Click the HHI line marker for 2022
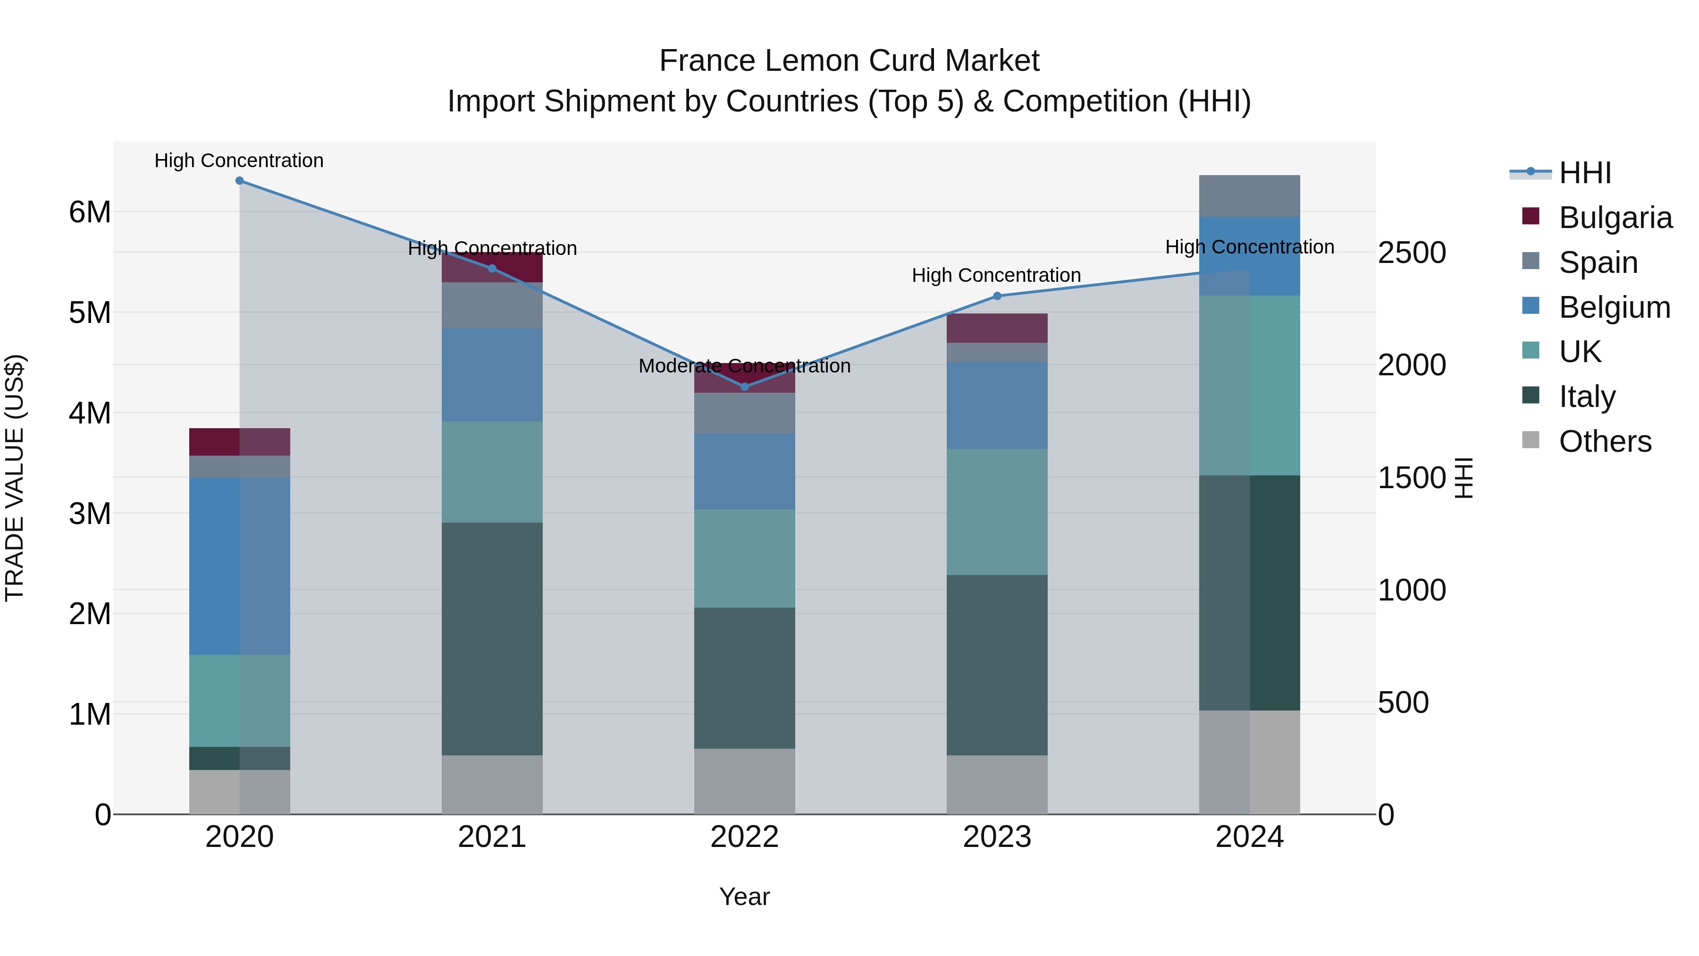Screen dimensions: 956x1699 click(x=745, y=387)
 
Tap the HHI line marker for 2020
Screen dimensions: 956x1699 click(x=239, y=181)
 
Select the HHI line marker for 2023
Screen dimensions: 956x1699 click(x=997, y=296)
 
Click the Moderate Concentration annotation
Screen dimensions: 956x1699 click(x=745, y=366)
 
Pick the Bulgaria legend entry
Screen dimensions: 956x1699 click(x=1615, y=218)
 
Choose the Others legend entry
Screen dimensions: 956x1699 click(x=1604, y=441)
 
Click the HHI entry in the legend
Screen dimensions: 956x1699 click(x=1584, y=173)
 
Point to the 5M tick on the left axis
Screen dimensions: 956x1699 click(x=90, y=313)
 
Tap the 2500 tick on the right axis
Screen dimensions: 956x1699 click(x=1412, y=253)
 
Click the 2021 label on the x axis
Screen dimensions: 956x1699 click(x=492, y=837)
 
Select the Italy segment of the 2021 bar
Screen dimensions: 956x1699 click(x=492, y=639)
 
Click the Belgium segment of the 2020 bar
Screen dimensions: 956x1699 click(x=239, y=566)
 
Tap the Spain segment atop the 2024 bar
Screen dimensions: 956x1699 click(x=1249, y=196)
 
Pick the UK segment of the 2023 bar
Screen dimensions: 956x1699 click(x=997, y=512)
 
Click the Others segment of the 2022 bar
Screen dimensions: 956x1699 click(x=745, y=781)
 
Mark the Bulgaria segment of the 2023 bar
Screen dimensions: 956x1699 click(x=997, y=328)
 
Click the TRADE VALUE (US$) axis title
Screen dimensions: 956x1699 click(x=15, y=478)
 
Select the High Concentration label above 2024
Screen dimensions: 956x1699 click(x=1249, y=247)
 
